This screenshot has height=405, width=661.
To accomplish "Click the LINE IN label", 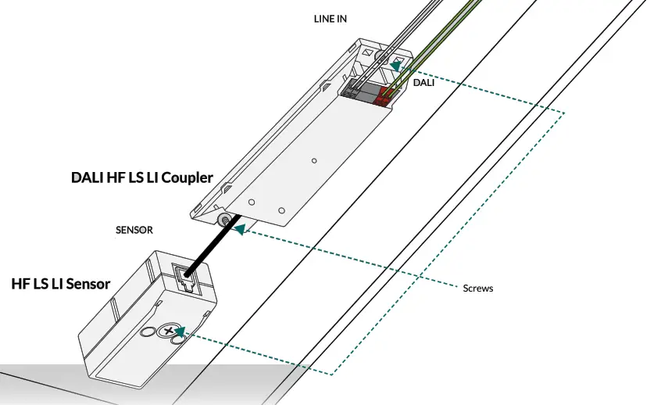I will (x=330, y=18).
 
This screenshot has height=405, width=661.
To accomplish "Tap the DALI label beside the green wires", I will (x=423, y=81).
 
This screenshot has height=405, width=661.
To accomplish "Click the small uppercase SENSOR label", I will (x=134, y=231).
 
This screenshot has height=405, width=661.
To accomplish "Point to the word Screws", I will (x=477, y=289).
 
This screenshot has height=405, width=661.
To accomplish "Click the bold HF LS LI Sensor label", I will (x=60, y=283).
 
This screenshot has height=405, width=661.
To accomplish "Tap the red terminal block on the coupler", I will (x=385, y=95).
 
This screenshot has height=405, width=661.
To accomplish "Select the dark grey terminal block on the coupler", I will (x=360, y=91).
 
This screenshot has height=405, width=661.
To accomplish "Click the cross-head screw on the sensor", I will (x=169, y=332).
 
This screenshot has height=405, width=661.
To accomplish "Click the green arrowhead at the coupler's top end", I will (x=398, y=67).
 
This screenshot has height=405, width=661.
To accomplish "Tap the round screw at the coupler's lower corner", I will (x=223, y=220).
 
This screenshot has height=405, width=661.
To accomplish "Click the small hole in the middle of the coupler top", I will (x=313, y=160).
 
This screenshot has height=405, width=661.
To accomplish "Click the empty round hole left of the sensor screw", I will (x=147, y=332).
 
